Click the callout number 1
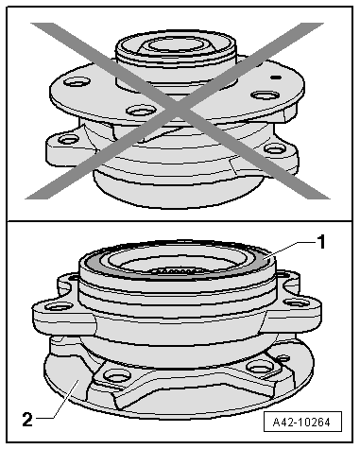pyautogui.click(x=320, y=242)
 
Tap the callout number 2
pyautogui.click(x=27, y=420)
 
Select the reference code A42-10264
pyautogui.click(x=302, y=422)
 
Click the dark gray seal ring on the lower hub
pyautogui.click(x=178, y=268)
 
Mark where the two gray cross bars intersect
pyautogui.click(x=178, y=109)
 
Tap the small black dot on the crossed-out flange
pyautogui.click(x=276, y=78)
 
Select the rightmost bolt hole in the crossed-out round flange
pyautogui.click(x=266, y=95)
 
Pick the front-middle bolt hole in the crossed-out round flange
pyautogui.click(x=141, y=111)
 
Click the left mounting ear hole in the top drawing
pyautogui.click(x=68, y=139)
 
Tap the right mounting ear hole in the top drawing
pyautogui.click(x=274, y=148)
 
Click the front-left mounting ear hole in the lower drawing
pyautogui.click(x=58, y=305)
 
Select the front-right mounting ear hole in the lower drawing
pyautogui.click(x=297, y=303)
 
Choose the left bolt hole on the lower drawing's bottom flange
pyautogui.click(x=117, y=375)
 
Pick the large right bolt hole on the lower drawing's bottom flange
pyautogui.click(x=260, y=367)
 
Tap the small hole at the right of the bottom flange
pyautogui.click(x=283, y=358)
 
